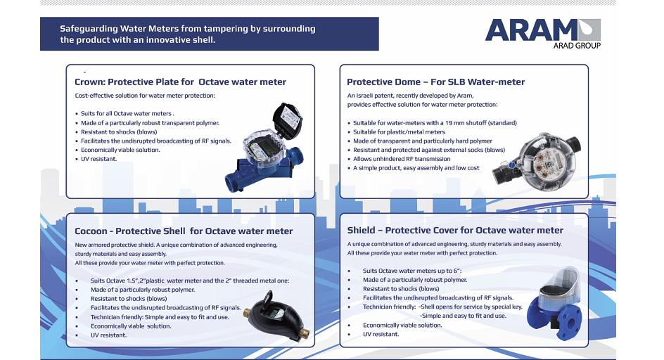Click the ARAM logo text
click(532, 30)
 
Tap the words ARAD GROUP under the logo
click(577, 45)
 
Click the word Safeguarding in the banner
click(89, 29)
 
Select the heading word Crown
click(89, 82)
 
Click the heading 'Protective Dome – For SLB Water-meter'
click(436, 82)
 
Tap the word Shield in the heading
click(362, 230)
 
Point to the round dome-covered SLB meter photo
click(537, 162)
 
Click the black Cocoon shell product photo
click(276, 316)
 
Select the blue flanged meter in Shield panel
click(555, 303)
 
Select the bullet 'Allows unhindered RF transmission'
click(402, 159)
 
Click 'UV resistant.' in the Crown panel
click(98, 159)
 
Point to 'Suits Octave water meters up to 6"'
click(412, 271)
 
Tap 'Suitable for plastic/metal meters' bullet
click(399, 131)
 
